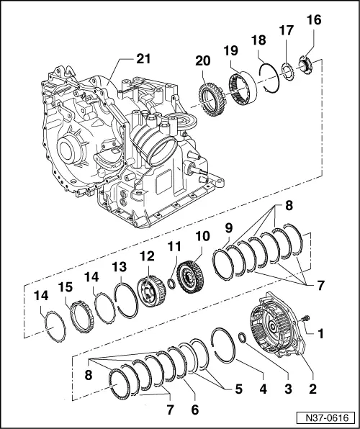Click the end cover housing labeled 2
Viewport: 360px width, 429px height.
pyautogui.click(x=277, y=335)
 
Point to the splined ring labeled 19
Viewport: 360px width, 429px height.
pyautogui.click(x=243, y=89)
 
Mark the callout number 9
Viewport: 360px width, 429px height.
pyautogui.click(x=229, y=227)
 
